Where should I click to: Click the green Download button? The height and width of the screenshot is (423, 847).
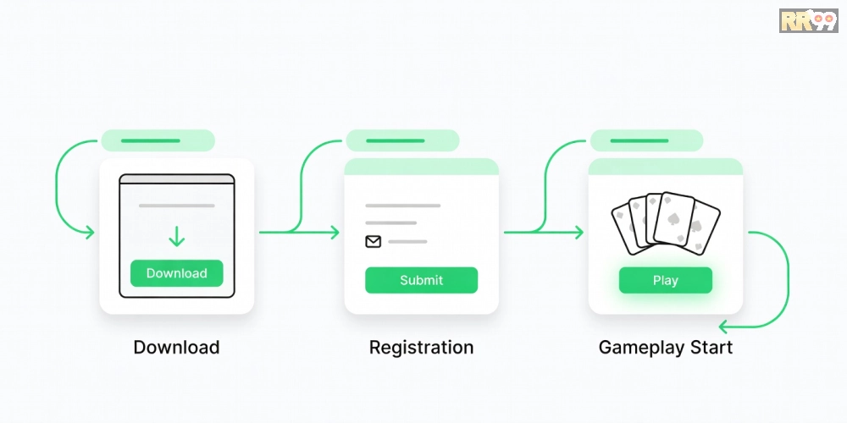point(177,273)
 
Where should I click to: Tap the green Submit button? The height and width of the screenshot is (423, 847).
point(421,280)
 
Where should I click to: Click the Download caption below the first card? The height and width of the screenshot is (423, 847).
point(177,347)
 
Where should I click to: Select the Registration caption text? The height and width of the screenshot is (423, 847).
point(421,348)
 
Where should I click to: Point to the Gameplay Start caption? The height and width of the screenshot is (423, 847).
point(666,348)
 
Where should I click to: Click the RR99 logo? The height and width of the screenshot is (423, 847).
point(809,20)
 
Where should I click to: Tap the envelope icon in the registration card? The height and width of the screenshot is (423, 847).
point(374,242)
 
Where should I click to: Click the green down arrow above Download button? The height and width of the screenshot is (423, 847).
point(177,236)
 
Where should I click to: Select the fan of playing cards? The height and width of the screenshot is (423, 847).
point(666,222)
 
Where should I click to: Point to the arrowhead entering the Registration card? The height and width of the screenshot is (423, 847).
point(335,233)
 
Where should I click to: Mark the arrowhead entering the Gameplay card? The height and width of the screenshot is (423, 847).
point(579,233)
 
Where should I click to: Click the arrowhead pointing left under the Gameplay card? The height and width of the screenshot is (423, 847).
point(723,327)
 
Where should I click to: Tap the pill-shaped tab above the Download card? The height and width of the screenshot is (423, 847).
point(158,140)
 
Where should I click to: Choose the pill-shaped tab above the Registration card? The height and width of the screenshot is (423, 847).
point(402,140)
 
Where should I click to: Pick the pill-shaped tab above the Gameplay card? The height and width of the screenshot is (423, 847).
point(646,140)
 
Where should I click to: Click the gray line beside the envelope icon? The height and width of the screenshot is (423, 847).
point(408,242)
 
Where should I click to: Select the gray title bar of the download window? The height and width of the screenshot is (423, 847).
point(177,179)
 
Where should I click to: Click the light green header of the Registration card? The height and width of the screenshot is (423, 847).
point(421,167)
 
